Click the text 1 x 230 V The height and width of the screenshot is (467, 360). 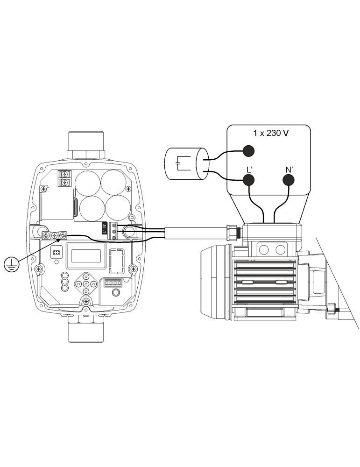point(271,133)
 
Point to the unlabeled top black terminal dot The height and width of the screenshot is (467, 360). point(249,151)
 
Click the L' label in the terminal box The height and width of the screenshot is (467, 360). point(249,170)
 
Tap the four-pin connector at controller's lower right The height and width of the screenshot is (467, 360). point(112,283)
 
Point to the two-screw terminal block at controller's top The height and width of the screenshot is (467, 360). point(64,177)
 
